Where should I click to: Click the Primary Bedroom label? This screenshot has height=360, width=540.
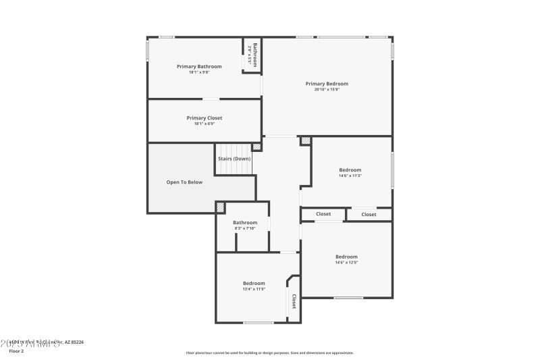coord(327,84)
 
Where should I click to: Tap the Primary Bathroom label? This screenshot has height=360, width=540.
coord(199,66)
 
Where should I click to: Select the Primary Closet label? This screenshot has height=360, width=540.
coord(204,118)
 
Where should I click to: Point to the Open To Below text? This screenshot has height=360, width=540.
coord(184,182)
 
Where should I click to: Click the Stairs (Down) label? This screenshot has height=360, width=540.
coord(234,159)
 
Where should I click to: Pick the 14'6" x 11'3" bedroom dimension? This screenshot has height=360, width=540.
coord(350,176)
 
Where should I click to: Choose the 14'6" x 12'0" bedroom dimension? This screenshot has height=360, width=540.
coord(346,262)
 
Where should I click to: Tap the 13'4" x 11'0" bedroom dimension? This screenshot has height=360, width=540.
coord(254,288)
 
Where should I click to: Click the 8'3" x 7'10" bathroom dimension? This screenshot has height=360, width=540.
coord(245,228)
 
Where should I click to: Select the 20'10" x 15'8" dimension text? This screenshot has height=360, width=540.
coord(327,89)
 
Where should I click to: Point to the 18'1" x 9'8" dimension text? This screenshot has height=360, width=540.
coord(199,72)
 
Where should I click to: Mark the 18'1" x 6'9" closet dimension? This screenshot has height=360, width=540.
coord(204,123)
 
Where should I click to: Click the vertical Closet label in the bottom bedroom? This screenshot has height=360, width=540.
coord(294,301)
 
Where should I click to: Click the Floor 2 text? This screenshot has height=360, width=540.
coord(16,351)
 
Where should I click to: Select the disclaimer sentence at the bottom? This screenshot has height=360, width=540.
coord(269,353)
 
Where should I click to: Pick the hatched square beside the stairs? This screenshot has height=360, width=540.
coord(256,147)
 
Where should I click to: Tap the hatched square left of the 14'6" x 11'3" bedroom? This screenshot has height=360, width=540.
coord(306,141)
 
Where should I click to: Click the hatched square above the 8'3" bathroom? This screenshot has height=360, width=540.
coord(220,207)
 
